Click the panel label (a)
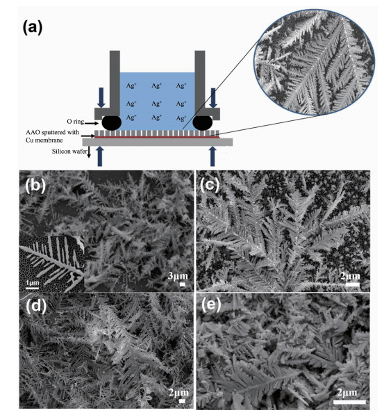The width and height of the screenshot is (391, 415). click(x=33, y=28)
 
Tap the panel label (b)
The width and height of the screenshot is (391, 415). click(x=35, y=186)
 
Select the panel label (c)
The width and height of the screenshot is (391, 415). click(x=210, y=186)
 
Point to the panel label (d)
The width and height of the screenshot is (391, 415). click(x=36, y=307)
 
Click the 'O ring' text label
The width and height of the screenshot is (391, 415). click(x=75, y=122)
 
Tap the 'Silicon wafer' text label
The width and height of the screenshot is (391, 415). click(x=69, y=152)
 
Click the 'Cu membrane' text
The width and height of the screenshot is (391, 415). click(x=44, y=140)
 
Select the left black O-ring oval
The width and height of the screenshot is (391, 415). click(x=112, y=123)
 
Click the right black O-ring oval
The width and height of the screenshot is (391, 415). click(x=203, y=123)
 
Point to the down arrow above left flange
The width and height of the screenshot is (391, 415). click(x=101, y=97)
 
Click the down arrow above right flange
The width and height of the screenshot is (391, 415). click(x=213, y=97)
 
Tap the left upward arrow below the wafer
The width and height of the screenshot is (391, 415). click(x=100, y=156)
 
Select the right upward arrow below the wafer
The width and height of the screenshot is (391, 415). click(x=213, y=156)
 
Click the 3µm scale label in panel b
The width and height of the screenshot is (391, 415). click(x=178, y=276)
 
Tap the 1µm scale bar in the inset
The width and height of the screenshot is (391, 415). click(x=33, y=288)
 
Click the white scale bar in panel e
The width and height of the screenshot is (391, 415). click(x=349, y=402)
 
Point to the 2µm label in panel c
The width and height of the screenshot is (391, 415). click(x=350, y=276)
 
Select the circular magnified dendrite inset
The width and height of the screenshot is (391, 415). click(x=315, y=63)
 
